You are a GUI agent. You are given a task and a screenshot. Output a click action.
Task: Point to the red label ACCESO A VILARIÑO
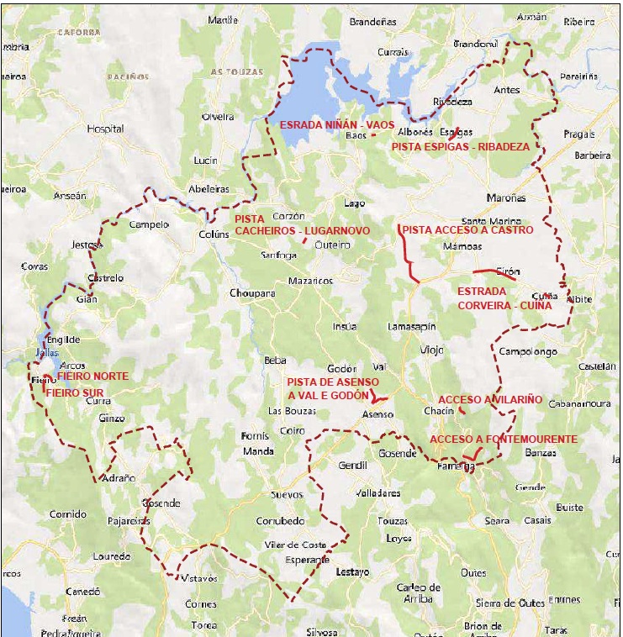pyautogui.click(x=490, y=399)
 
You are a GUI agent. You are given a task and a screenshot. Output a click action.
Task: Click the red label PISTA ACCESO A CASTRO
pyautogui.click(x=467, y=229)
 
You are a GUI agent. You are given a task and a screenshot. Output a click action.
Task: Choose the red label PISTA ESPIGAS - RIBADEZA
pyautogui.click(x=461, y=146)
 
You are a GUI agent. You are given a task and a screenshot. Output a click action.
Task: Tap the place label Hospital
pyautogui.click(x=105, y=129)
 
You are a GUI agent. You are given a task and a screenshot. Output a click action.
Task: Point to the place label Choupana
pyautogui.click(x=252, y=293)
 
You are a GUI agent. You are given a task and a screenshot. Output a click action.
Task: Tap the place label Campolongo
pyautogui.click(x=528, y=351)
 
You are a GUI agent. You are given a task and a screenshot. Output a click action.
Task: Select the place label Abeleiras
pyautogui.click(x=209, y=189)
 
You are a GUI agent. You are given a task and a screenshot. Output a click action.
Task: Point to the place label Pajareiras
pyautogui.click(x=129, y=521)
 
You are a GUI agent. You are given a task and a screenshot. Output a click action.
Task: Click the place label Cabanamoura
pyautogui.click(x=579, y=403)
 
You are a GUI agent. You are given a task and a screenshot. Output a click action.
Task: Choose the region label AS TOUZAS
pyautogui.click(x=232, y=72)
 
